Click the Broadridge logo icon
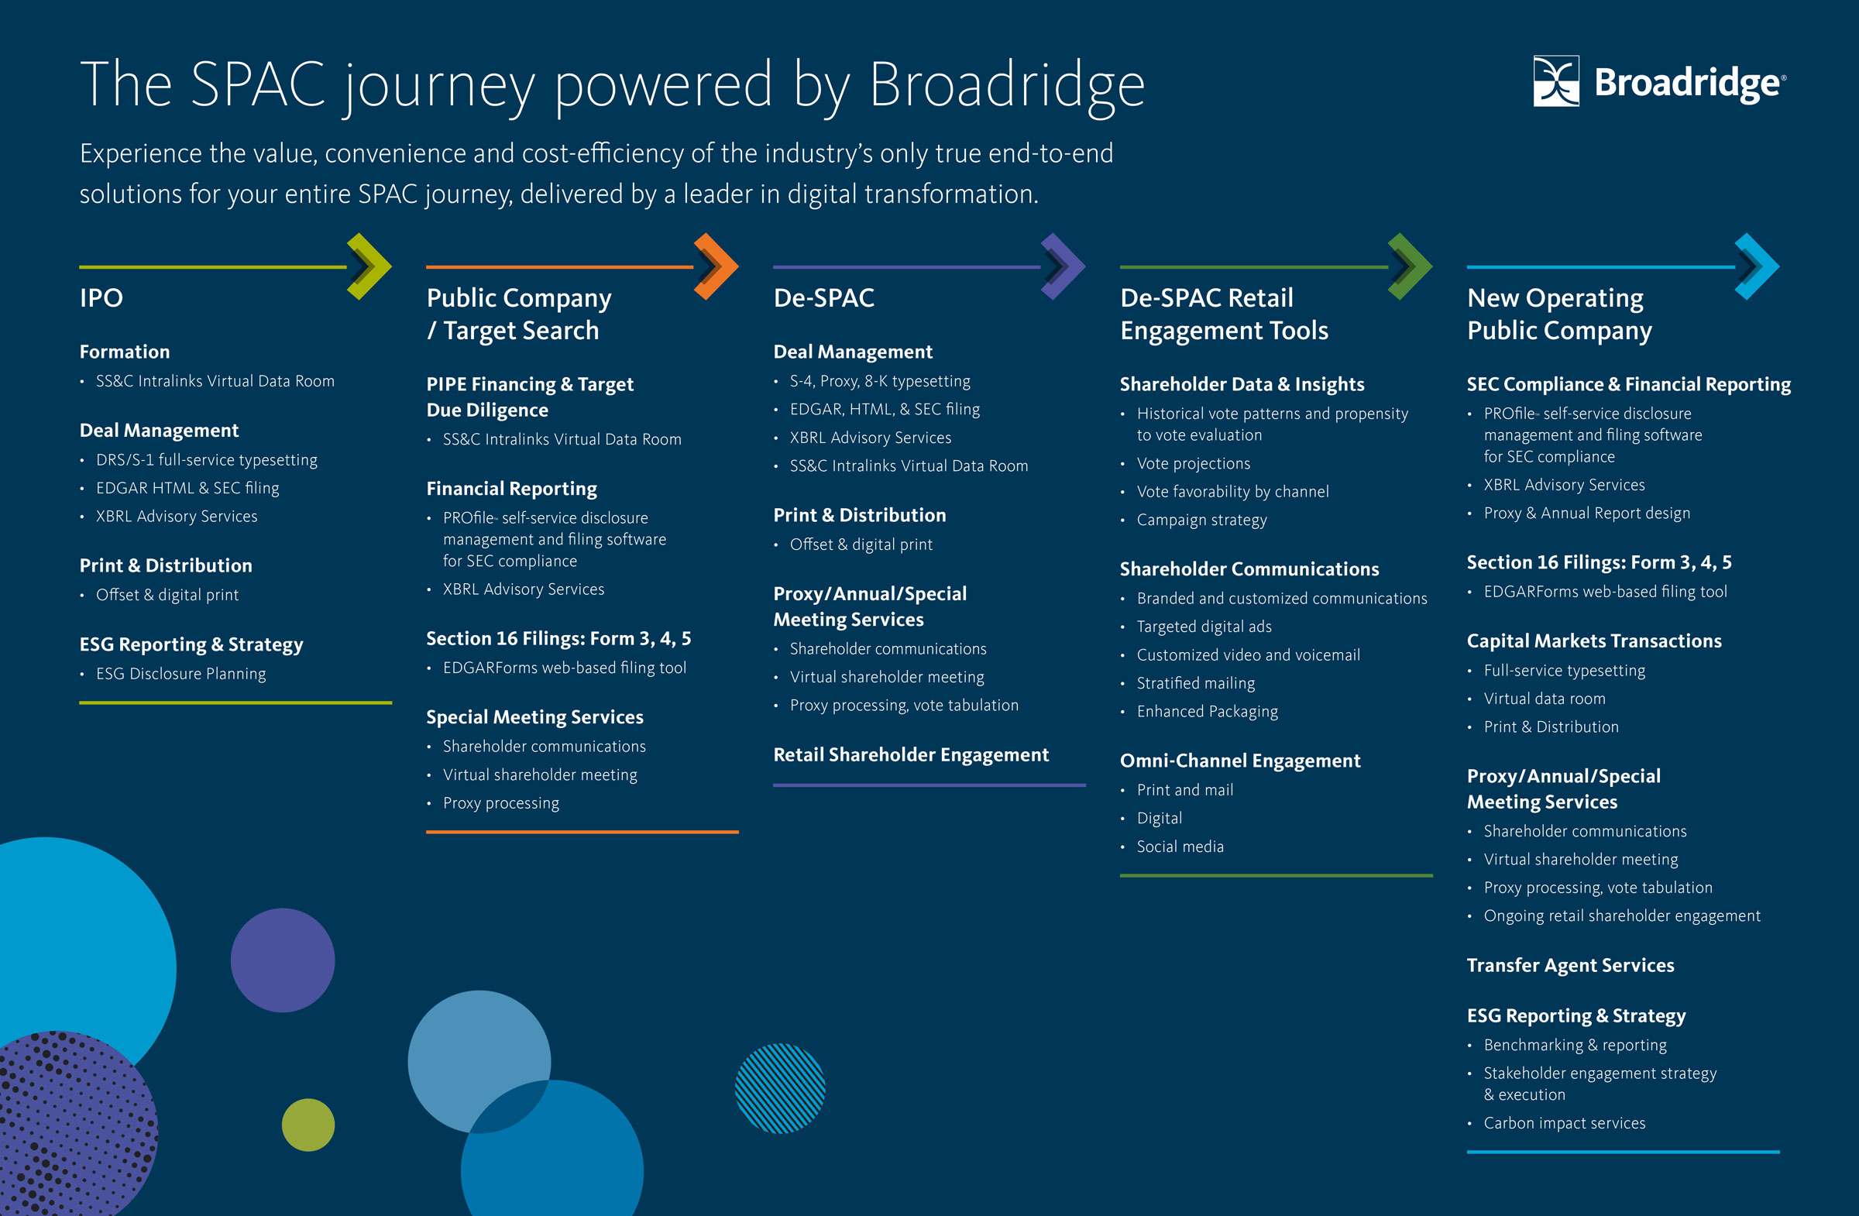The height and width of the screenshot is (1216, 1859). [1555, 81]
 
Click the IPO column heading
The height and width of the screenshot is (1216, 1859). [101, 297]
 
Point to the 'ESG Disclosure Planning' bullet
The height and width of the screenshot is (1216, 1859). [180, 673]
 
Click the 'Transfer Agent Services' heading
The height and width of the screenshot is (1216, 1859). [1570, 965]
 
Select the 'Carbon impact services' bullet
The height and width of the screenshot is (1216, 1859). [1564, 1123]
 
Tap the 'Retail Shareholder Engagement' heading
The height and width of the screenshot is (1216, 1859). [911, 754]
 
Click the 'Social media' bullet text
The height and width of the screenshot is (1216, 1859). [1180, 847]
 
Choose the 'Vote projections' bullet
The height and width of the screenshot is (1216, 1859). [1193, 463]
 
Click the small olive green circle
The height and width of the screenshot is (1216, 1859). [308, 1125]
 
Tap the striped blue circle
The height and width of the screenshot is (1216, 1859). [779, 1088]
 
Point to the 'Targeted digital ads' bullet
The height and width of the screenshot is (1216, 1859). [1204, 627]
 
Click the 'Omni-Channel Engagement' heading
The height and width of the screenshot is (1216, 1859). [1239, 761]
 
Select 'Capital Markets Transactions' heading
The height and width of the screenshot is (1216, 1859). [1593, 641]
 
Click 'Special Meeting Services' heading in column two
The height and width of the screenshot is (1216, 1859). [534, 717]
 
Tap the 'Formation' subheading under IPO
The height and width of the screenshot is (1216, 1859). [124, 352]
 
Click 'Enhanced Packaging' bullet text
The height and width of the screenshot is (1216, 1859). [1207, 712]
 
